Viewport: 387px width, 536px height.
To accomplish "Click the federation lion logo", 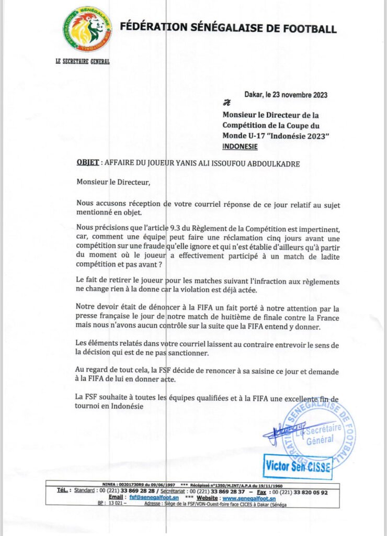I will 88,29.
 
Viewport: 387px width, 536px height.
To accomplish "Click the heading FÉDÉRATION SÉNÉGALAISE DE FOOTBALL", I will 228,29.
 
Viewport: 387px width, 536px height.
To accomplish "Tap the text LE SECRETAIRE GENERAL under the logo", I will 82,61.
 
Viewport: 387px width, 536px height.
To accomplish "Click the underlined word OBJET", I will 87,163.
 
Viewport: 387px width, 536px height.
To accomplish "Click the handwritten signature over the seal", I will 280,432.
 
